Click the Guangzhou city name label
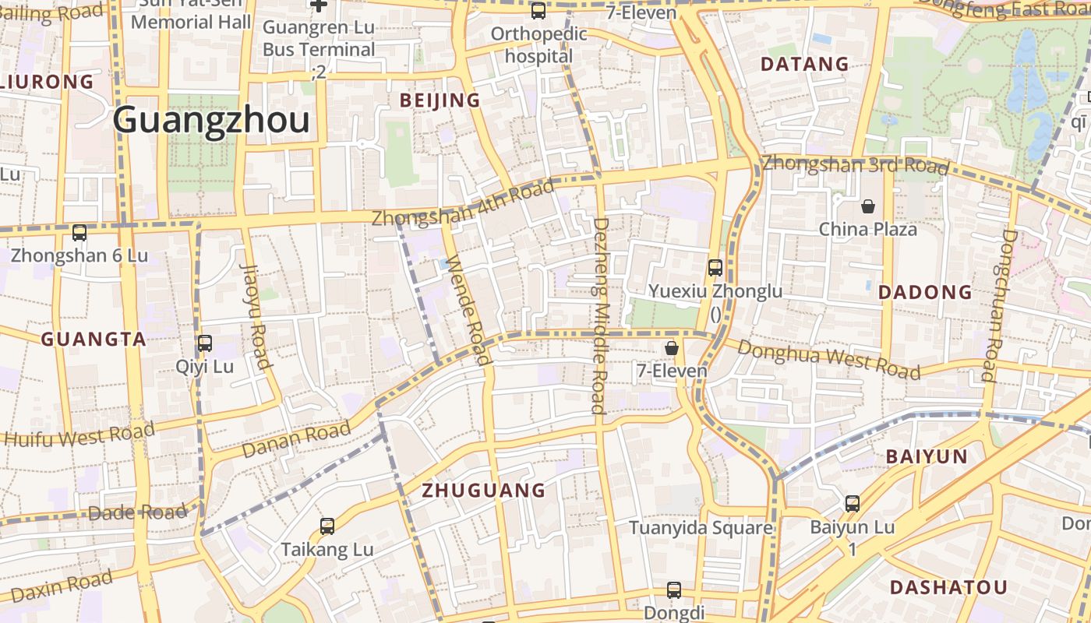point(211,121)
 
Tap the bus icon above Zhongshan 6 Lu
point(79,232)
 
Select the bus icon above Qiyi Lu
point(205,343)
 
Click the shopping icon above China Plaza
point(867,206)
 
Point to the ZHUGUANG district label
point(483,491)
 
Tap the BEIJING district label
point(440,100)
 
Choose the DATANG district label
point(804,64)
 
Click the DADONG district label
point(925,293)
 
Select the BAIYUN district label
point(927,456)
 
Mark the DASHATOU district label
point(948,587)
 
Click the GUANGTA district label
point(94,340)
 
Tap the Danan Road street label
point(296,440)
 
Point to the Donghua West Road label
point(828,360)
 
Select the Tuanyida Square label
point(701,528)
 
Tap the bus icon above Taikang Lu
point(327,526)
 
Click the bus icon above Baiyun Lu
point(853,504)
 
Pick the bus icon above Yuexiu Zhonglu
point(715,268)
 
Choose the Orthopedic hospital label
point(538,45)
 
